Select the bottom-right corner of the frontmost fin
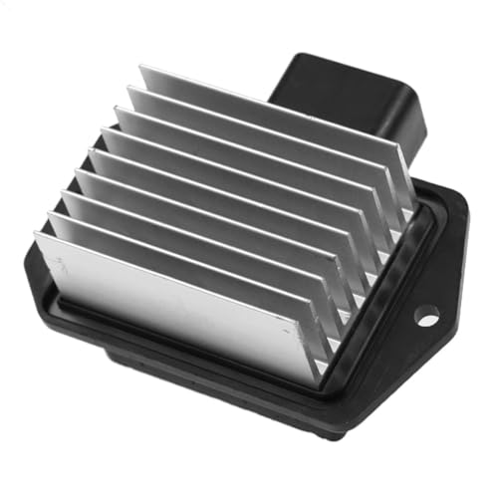pyautogui.click(x=318, y=383)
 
